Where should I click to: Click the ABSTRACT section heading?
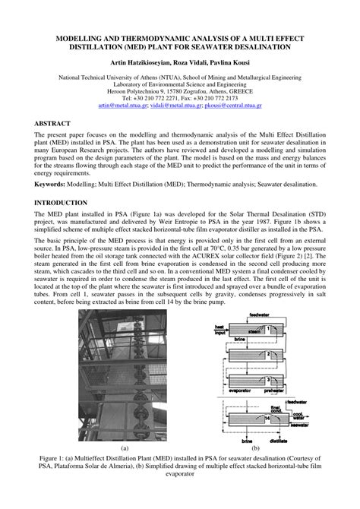pos(54,122)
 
